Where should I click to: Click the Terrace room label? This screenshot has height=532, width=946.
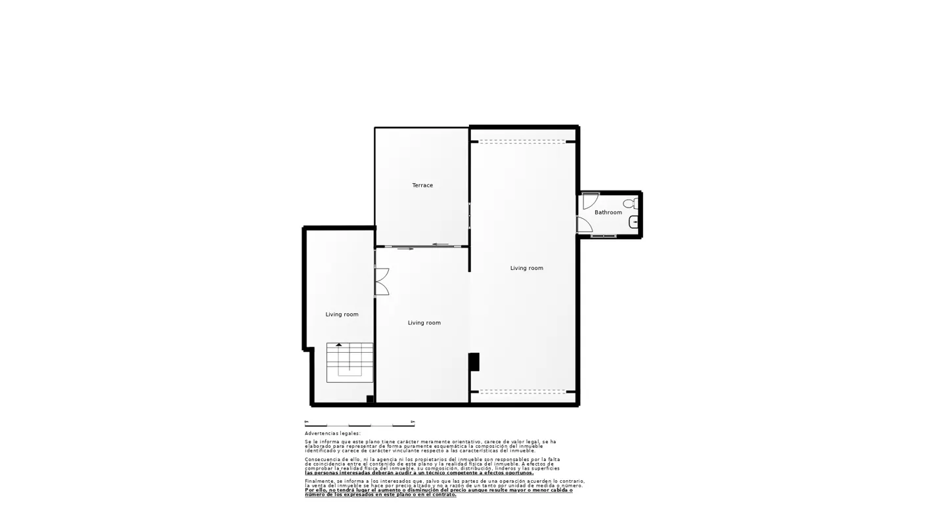(x=422, y=186)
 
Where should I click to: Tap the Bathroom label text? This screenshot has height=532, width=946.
(x=608, y=213)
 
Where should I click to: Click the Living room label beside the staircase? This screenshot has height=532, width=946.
(x=342, y=315)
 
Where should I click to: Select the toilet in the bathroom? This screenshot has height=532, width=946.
(x=629, y=204)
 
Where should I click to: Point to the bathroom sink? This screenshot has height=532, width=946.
(x=634, y=222)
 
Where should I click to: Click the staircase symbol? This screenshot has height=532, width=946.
(x=349, y=363)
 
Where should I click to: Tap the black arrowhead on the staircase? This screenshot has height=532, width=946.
(x=339, y=344)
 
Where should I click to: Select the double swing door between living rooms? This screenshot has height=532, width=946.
(x=382, y=282)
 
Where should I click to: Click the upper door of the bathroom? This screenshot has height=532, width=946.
(x=590, y=200)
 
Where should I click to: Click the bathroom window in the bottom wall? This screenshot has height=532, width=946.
(x=603, y=236)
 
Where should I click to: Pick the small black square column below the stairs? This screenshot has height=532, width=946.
(x=370, y=399)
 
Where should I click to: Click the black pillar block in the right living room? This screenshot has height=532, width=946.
(x=474, y=362)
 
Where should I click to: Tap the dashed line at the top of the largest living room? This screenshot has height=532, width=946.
(x=522, y=142)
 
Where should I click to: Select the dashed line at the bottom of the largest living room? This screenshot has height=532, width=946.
(x=522, y=391)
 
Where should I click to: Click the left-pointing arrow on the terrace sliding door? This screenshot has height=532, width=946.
(x=439, y=244)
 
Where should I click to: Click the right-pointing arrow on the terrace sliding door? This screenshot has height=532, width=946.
(x=406, y=249)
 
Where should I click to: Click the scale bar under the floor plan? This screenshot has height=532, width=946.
(x=359, y=426)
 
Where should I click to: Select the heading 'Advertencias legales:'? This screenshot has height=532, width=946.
(x=332, y=433)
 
